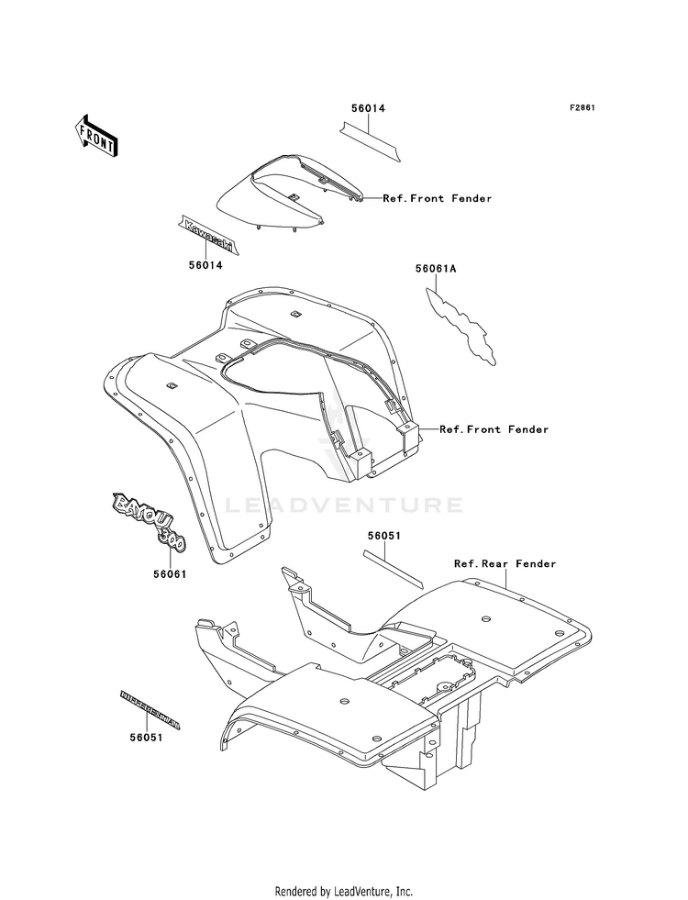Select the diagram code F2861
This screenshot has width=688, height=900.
(x=583, y=108)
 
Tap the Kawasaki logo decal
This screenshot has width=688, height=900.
(x=207, y=235)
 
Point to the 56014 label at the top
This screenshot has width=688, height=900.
(x=368, y=108)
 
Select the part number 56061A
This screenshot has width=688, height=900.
(x=436, y=269)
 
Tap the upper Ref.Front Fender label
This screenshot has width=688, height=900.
(x=438, y=198)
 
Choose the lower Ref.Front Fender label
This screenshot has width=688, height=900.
(x=494, y=429)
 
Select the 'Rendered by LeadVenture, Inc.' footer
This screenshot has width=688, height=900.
(x=344, y=891)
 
